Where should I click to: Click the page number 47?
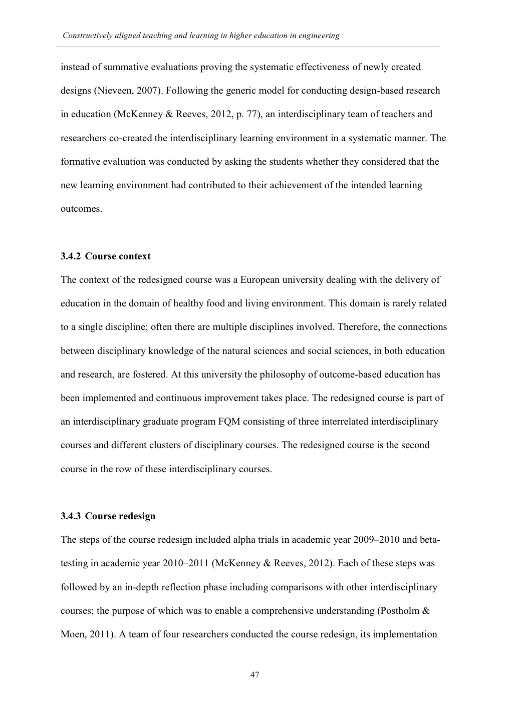pyautogui.click(x=254, y=675)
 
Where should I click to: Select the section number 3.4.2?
pyautogui.click(x=71, y=256)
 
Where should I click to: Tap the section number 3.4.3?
pyautogui.click(x=71, y=516)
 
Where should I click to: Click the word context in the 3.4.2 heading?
pyautogui.click(x=134, y=256)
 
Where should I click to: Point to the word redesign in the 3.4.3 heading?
pyautogui.click(x=137, y=516)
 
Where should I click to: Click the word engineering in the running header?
pyautogui.click(x=316, y=36)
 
